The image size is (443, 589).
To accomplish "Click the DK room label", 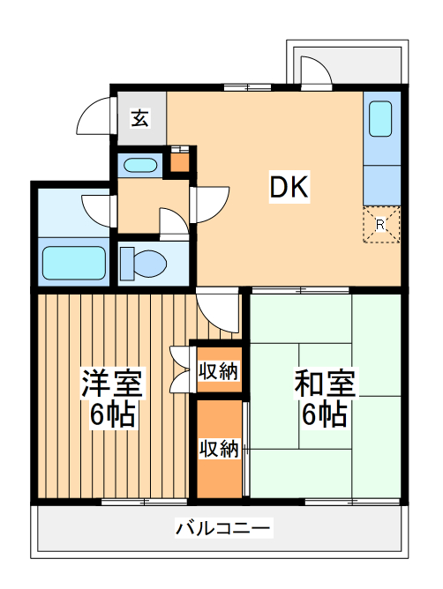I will click(x=288, y=187).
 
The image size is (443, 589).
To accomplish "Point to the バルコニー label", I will click(x=222, y=529).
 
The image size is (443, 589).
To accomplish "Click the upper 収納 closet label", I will click(x=217, y=371).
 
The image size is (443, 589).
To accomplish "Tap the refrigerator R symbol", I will click(x=380, y=224).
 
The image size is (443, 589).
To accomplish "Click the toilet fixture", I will click(x=145, y=263).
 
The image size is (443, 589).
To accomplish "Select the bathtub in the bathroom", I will click(x=74, y=263).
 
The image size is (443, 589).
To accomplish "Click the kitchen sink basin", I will click(x=379, y=118).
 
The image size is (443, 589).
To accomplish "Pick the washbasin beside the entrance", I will click(x=139, y=164).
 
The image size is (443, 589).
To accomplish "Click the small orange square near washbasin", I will click(x=179, y=161).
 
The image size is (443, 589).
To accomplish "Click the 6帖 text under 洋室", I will click(x=112, y=415).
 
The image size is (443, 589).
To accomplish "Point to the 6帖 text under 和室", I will click(x=324, y=415).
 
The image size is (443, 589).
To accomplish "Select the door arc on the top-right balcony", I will click(x=315, y=72).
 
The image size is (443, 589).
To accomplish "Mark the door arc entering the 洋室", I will click(x=216, y=308).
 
